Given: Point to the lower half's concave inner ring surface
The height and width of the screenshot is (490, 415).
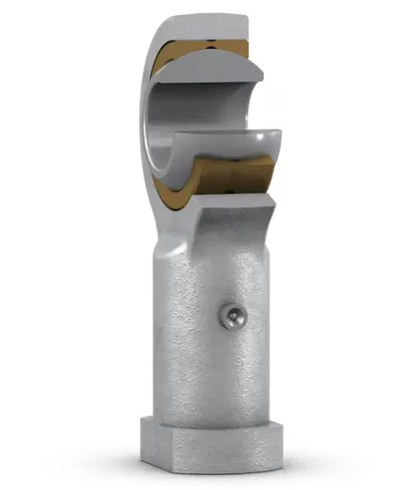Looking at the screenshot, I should (x=222, y=144).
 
